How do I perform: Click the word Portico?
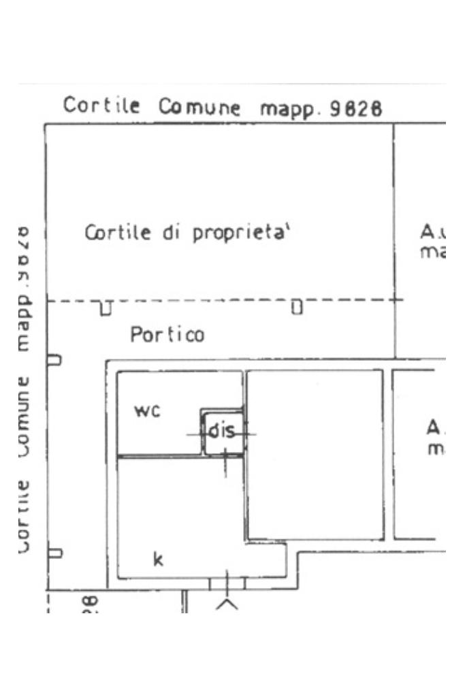coord(167,335)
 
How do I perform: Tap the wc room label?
coord(147,411)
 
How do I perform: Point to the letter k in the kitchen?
coord(158,560)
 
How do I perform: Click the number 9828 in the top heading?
coord(355,109)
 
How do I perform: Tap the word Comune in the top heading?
coord(199,108)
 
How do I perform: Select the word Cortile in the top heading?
coord(102,106)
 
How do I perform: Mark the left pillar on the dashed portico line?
coord(106,308)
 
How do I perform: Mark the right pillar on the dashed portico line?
coord(296,308)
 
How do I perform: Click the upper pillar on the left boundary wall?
coord(54,359)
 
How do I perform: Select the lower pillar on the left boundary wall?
coord(54,553)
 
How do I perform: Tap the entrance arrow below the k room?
coord(227,604)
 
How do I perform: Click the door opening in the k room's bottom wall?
coord(227,583)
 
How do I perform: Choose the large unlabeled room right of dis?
coord(315,454)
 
